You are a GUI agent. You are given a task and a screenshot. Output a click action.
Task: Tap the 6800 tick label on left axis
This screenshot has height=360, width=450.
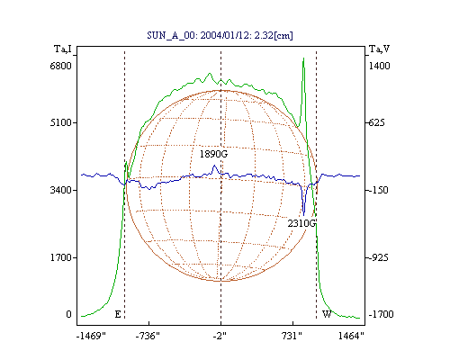coord(61,66)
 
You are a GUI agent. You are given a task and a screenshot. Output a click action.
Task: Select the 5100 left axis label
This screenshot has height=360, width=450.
coord(61,122)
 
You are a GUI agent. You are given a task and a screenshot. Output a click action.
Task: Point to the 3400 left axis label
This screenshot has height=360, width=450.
coord(61,190)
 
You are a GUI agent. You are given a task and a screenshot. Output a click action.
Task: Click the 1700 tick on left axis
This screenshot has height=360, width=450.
coord(61,257)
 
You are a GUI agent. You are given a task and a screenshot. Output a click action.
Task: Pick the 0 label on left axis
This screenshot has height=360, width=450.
coord(68,314)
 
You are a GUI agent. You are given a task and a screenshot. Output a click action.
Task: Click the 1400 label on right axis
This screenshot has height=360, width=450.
coord(380,66)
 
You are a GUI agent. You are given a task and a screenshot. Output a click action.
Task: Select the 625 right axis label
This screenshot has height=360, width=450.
coord(376,122)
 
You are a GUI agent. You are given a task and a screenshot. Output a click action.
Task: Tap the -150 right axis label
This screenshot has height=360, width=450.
coord(378,190)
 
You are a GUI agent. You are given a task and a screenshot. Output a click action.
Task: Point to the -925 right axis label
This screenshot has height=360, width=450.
coord(378,257)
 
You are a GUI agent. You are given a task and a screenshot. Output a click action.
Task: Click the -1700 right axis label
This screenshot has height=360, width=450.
coord(381,314)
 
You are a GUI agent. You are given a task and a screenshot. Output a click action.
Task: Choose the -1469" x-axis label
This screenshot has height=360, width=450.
coord(91,336)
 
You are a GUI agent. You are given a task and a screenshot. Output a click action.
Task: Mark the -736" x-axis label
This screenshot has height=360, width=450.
coord(148,336)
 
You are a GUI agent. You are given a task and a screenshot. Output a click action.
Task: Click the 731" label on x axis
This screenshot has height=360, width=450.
coord(292,336)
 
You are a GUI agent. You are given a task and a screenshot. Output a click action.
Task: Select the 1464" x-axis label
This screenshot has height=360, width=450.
coord(351,336)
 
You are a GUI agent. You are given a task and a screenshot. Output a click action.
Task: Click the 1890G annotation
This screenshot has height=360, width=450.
coord(213,154)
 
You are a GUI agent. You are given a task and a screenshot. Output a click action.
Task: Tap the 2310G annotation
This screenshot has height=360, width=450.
coord(301,223)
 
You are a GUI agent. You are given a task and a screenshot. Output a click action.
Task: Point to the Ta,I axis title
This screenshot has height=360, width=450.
coord(63,49)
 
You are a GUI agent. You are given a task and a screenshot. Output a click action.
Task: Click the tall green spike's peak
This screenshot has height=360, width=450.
coord(303,58)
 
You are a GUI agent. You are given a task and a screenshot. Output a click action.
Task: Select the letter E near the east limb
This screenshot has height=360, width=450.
coord(118,314)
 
